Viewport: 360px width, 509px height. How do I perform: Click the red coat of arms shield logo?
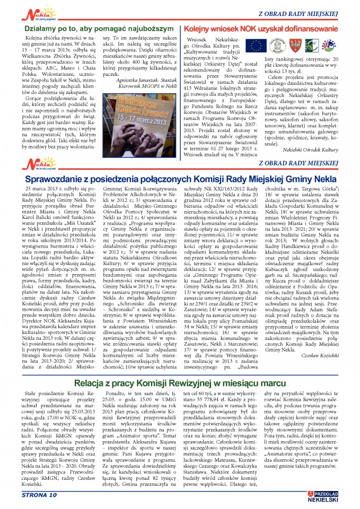coord(301,46)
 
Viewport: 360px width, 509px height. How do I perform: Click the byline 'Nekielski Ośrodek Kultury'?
coord(310,150)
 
